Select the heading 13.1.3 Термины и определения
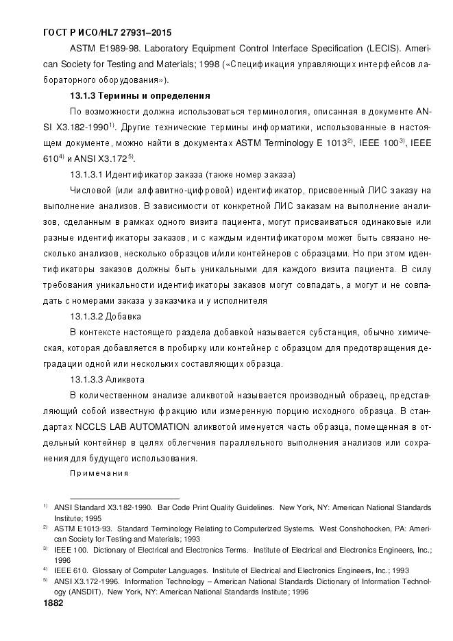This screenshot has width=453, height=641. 140,94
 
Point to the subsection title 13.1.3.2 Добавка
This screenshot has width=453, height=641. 106,316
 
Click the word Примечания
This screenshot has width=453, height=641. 99,473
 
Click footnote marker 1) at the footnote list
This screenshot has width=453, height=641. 45,507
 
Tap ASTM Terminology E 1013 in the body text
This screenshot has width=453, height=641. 291,143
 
